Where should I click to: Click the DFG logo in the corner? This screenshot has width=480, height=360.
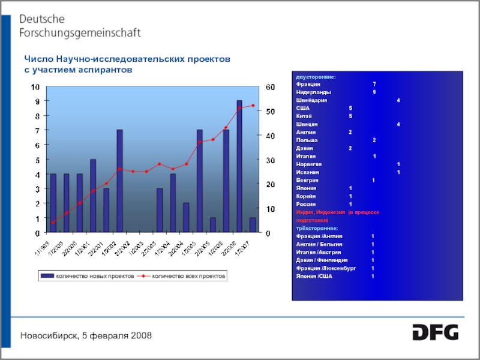(435, 332)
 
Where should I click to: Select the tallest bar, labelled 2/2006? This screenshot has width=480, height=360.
(239, 166)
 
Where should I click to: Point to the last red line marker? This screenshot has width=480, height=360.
(253, 106)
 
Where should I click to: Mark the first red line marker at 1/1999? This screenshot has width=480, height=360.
(53, 223)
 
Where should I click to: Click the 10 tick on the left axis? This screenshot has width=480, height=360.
(37, 87)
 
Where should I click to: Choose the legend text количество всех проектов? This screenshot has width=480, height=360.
(188, 277)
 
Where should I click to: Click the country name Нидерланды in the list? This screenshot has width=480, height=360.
(313, 93)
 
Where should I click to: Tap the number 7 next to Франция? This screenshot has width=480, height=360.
(374, 85)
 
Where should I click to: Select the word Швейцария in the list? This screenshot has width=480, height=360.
(311, 101)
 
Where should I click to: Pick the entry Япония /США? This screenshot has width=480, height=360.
(314, 276)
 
